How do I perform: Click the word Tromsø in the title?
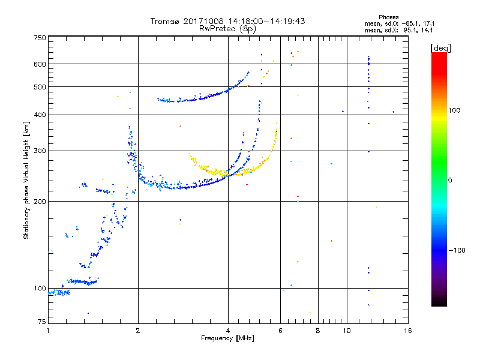(x=164, y=21)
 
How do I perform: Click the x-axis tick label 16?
(x=407, y=331)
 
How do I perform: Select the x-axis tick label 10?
(x=346, y=331)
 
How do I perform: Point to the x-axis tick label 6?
(x=281, y=331)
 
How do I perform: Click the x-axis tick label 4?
(x=228, y=331)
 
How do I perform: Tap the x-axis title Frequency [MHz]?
(x=228, y=338)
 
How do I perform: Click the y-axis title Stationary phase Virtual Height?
(x=26, y=180)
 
